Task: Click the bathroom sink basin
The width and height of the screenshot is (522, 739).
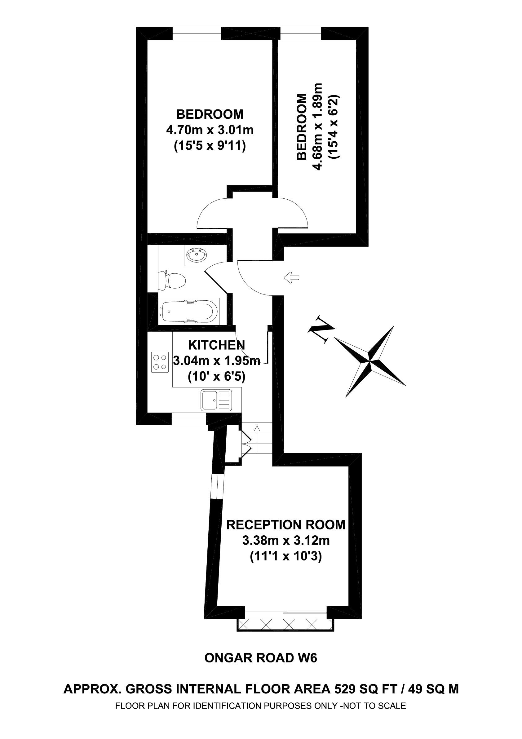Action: pos(197,255)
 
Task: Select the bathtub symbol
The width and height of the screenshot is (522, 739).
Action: pos(189,311)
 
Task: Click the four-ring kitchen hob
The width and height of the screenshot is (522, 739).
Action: pos(160,362)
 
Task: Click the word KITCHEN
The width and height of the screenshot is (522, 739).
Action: pos(216,345)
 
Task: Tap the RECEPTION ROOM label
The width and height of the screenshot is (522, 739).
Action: pos(286,524)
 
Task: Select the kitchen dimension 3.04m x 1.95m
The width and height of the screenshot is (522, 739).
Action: pos(217,361)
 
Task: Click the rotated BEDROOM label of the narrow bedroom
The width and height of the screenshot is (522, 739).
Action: pos(302,126)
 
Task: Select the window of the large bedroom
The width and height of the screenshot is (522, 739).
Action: pos(197,33)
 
